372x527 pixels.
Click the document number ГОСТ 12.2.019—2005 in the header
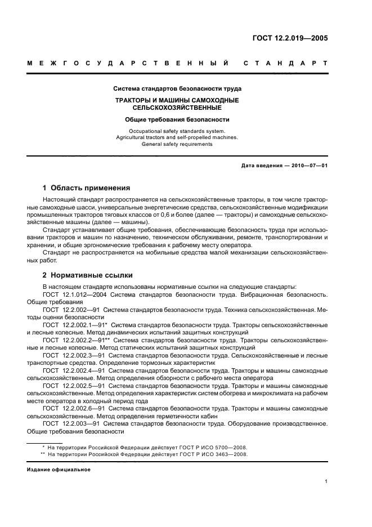(x=290, y=39)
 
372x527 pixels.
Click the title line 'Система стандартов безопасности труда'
(x=177, y=88)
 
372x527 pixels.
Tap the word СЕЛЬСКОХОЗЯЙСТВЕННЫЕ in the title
(x=177, y=107)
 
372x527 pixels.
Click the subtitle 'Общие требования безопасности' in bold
(x=177, y=119)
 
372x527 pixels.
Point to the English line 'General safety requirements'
(x=177, y=144)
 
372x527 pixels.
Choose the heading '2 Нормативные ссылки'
(x=88, y=275)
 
